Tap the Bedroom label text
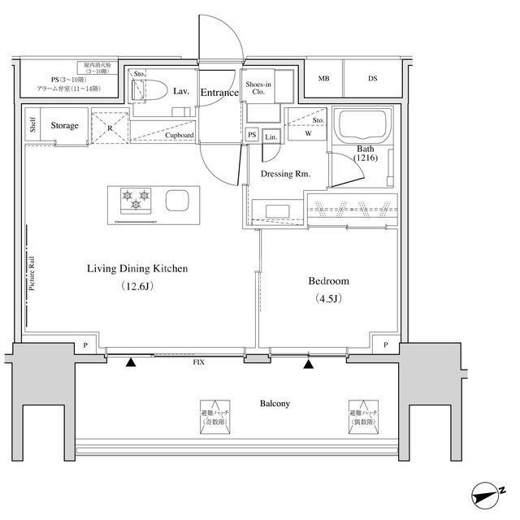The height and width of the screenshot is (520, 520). tap(328, 281)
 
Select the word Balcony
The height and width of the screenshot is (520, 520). tap(275, 403)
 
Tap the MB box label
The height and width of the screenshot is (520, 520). tap(323, 79)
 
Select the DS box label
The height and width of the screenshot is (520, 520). tap(372, 79)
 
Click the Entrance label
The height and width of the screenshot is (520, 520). tap(219, 93)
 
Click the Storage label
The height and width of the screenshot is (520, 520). tap(64, 126)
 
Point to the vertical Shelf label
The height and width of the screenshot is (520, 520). tap(32, 125)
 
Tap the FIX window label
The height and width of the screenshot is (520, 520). tap(197, 362)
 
